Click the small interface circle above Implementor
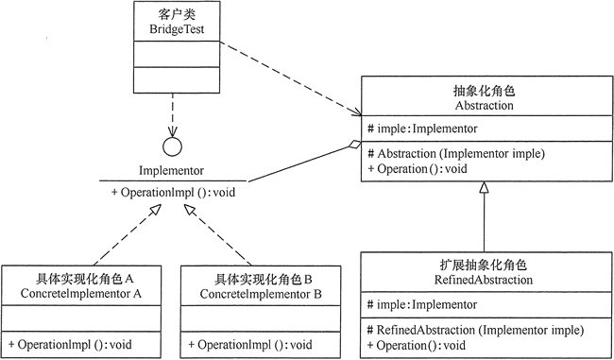click(x=172, y=147)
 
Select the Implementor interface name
click(x=171, y=173)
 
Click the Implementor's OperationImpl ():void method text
click(x=171, y=193)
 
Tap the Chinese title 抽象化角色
click(x=484, y=92)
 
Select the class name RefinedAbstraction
click(x=484, y=281)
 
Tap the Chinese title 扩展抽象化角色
click(x=484, y=266)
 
